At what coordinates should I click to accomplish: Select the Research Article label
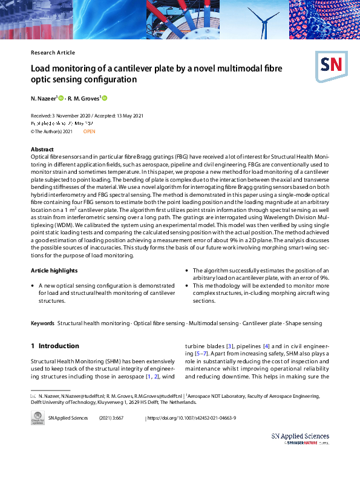pyautogui.click(x=53, y=53)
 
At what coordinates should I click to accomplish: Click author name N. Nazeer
pyautogui.click(x=43, y=98)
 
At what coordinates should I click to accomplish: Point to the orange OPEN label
pyautogui.click(x=89, y=131)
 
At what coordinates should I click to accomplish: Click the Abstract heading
pyautogui.click(x=43, y=149)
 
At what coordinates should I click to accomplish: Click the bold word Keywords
pyautogui.click(x=42, y=323)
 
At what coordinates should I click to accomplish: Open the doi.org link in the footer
pyautogui.click(x=192, y=418)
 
